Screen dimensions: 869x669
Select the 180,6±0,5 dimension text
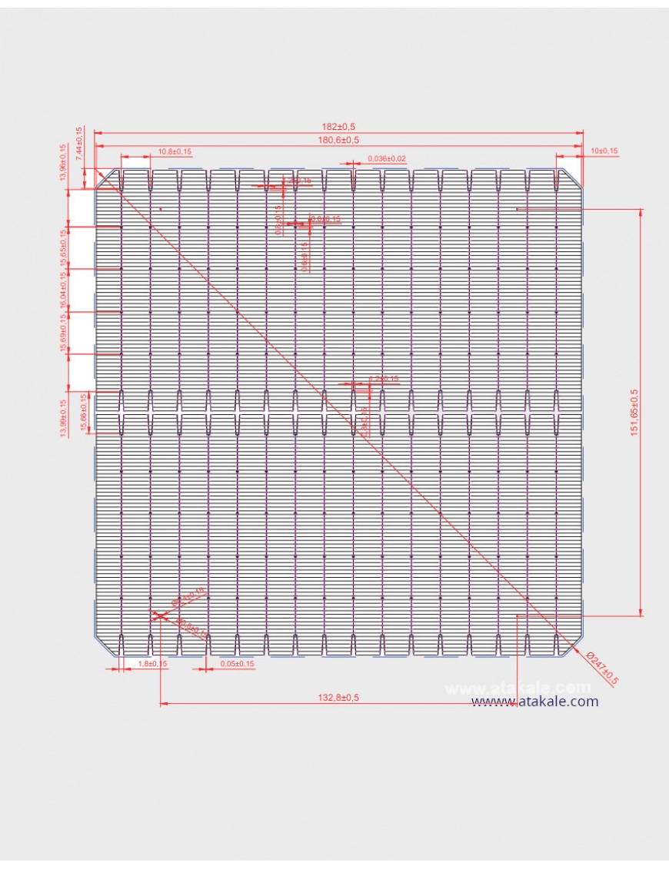pos(339,140)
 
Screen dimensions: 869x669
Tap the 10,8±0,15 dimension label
pos(175,151)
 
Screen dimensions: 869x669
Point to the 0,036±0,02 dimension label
pos(387,158)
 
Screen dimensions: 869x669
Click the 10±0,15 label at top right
pos(604,151)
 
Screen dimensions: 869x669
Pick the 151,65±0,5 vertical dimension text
pos(634,413)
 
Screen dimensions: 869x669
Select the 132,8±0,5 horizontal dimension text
pos(338,697)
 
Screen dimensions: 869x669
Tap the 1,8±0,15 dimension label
pos(152,663)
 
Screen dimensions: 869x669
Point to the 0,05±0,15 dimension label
pos(237,663)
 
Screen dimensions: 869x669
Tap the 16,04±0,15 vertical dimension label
pos(63,290)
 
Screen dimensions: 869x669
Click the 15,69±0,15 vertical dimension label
pos(63,333)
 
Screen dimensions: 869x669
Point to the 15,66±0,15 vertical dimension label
pos(83,413)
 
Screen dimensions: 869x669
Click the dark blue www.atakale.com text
pos(535,702)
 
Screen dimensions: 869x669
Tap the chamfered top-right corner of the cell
pos(573,177)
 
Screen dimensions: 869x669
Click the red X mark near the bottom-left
pos(158,615)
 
